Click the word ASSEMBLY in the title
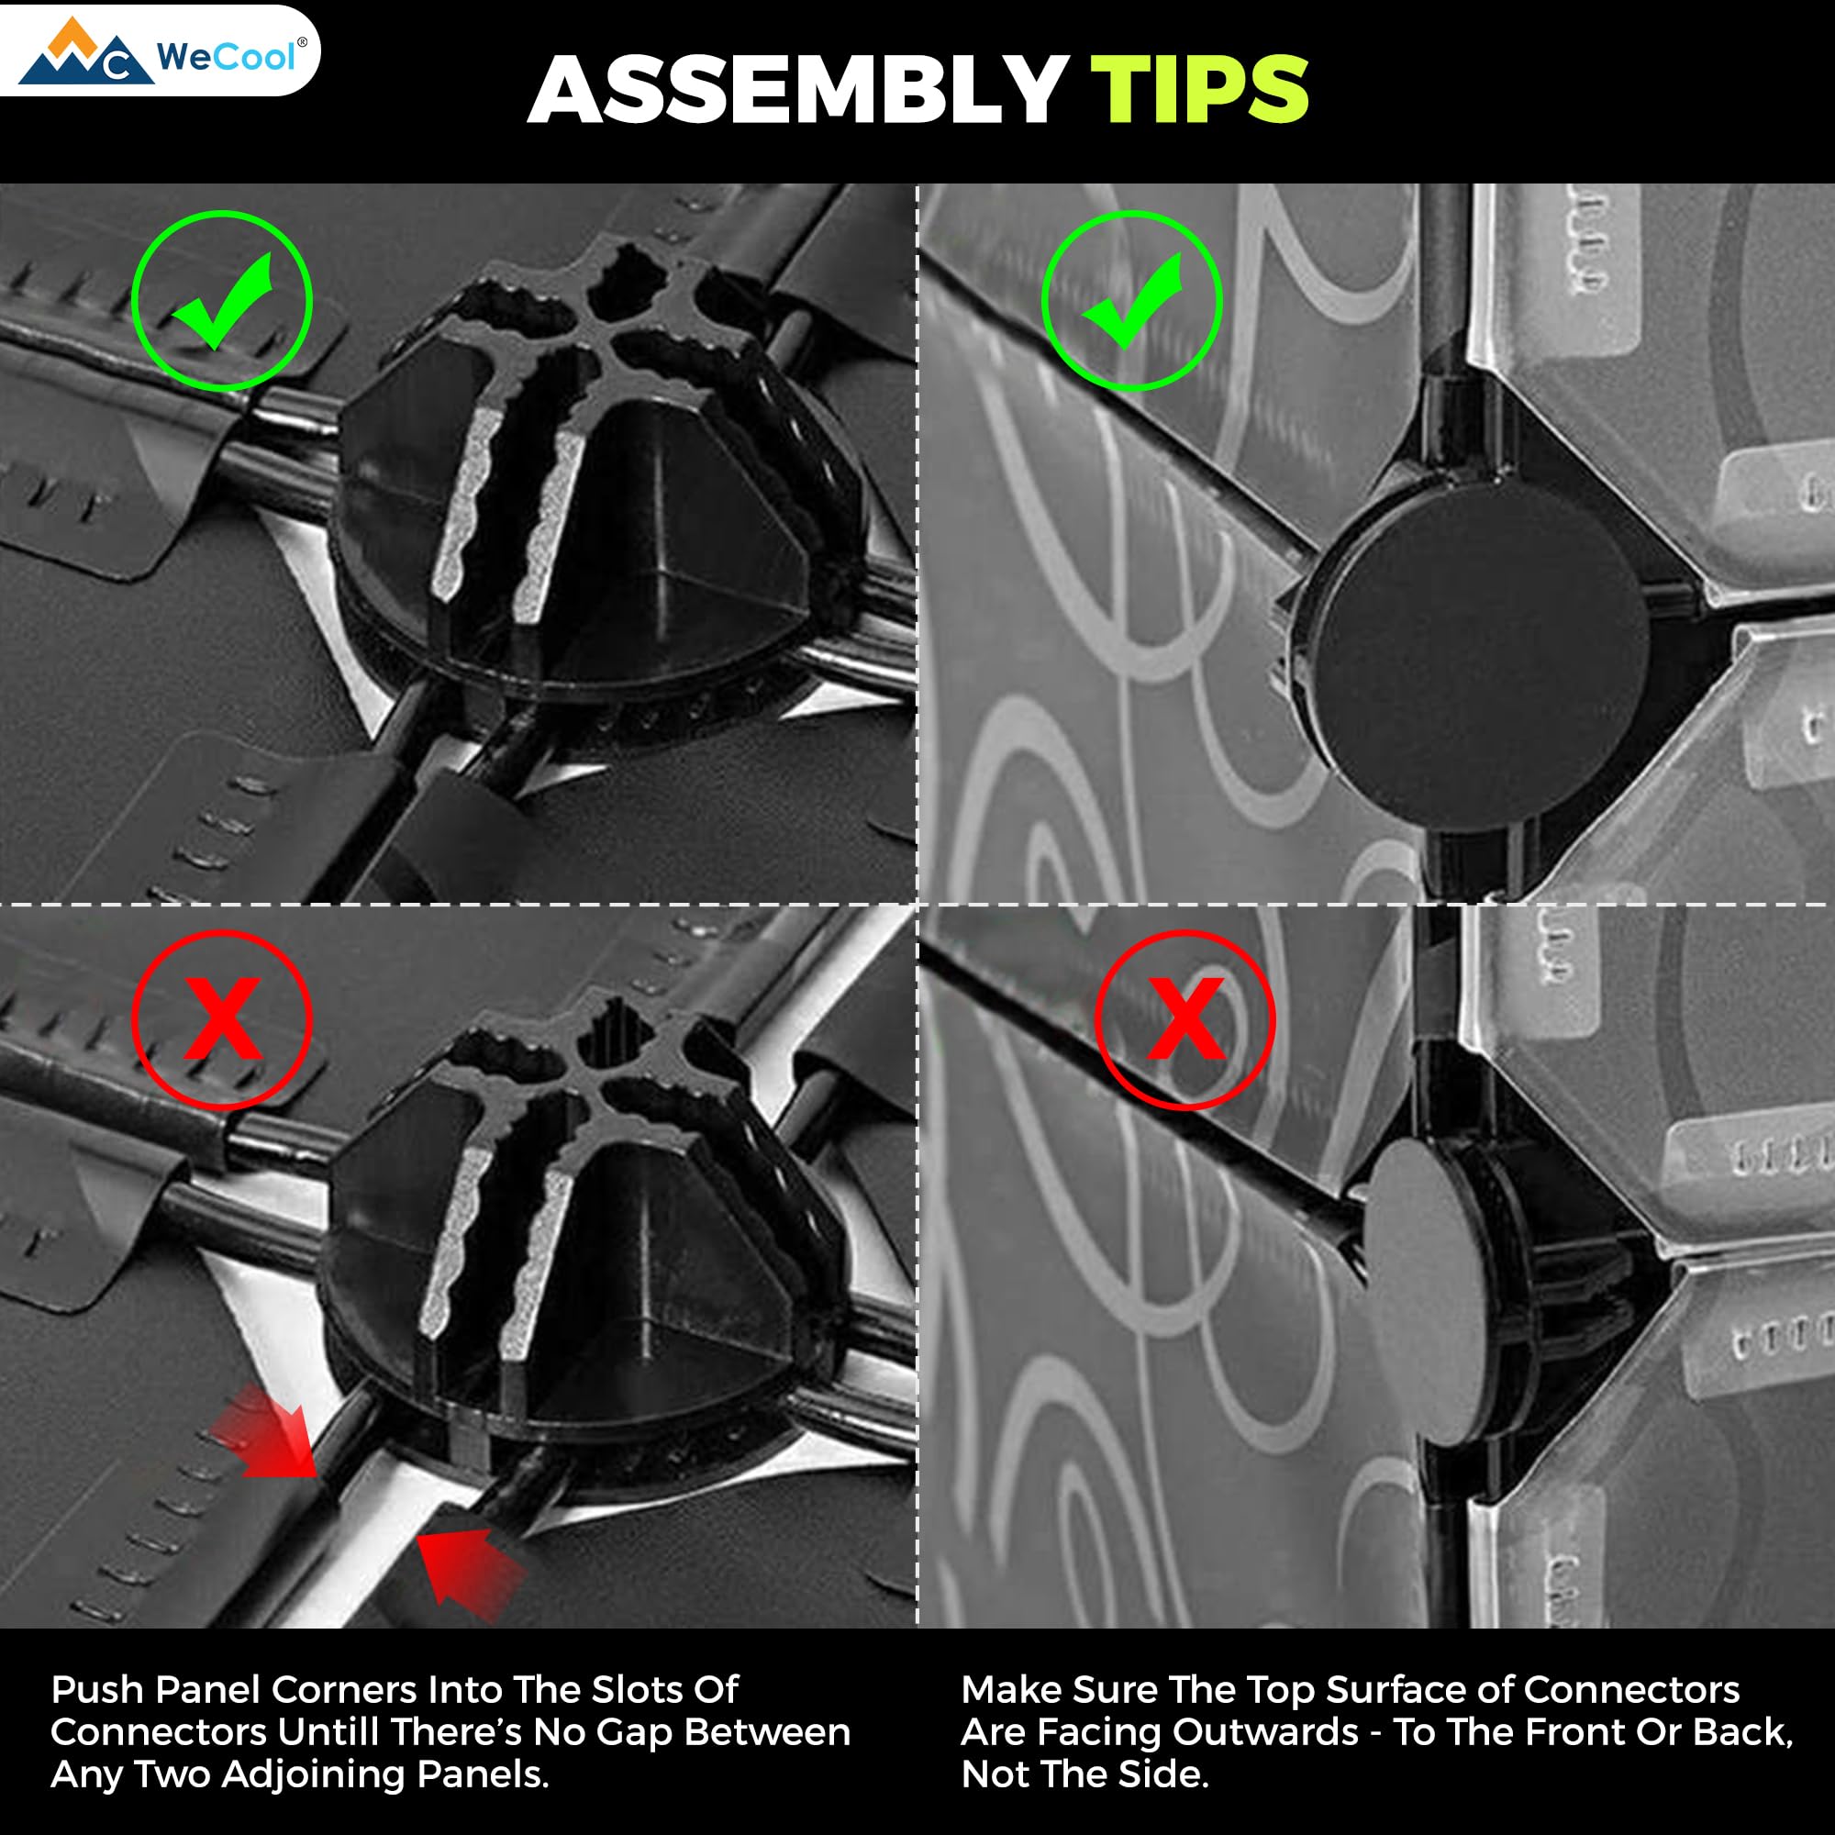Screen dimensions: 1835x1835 point(797,90)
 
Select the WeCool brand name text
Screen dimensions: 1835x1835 point(226,57)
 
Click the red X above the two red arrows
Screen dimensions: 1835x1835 point(222,1018)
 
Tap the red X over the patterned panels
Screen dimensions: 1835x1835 point(1185,1018)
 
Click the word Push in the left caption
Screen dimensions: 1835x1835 point(97,1690)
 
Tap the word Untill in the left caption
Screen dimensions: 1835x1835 point(328,1731)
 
